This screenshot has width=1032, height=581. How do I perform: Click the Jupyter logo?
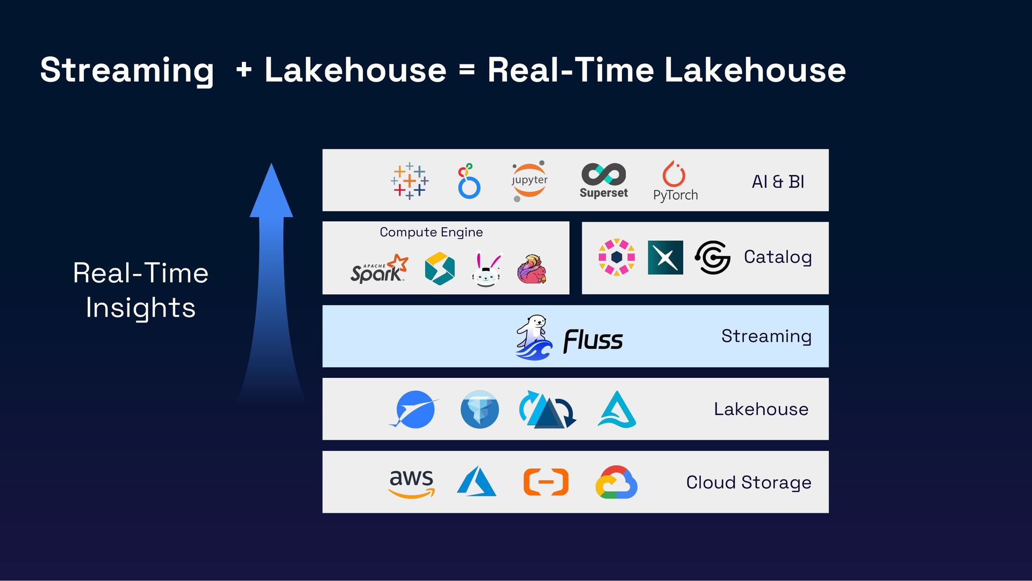[x=529, y=181]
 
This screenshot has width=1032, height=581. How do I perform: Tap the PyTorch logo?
[x=675, y=181]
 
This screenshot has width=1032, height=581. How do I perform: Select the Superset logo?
[x=604, y=181]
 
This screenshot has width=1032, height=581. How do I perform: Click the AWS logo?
[x=411, y=483]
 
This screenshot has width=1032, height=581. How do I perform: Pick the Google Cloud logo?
[x=617, y=482]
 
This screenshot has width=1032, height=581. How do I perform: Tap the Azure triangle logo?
[x=476, y=482]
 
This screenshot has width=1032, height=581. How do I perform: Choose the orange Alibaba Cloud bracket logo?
[x=546, y=482]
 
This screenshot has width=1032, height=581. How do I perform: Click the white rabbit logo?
[x=486, y=270]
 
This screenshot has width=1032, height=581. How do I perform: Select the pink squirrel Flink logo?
[x=532, y=269]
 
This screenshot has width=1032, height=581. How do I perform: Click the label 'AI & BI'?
[x=778, y=182]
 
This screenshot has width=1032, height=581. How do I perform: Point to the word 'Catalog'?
[x=777, y=257]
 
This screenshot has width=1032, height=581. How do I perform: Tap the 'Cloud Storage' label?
[x=748, y=483]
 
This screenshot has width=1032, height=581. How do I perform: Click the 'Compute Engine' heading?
[x=431, y=232]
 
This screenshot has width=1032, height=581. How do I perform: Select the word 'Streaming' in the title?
[x=127, y=70]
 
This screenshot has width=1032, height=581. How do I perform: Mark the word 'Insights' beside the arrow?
[x=140, y=308]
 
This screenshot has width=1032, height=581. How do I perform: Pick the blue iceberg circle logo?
[x=479, y=410]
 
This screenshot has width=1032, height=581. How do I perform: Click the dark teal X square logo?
[x=665, y=257]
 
